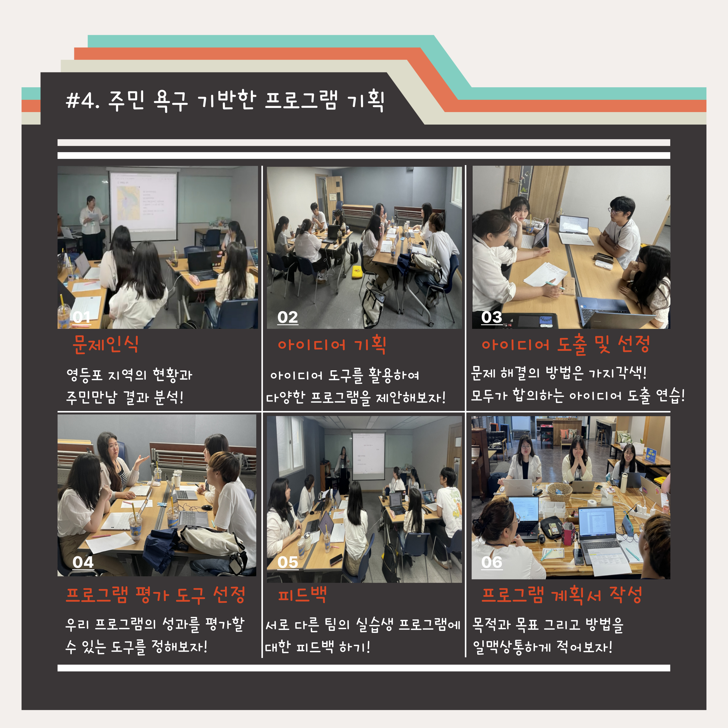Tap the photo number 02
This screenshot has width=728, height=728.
287,317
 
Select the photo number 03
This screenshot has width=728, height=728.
492,317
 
